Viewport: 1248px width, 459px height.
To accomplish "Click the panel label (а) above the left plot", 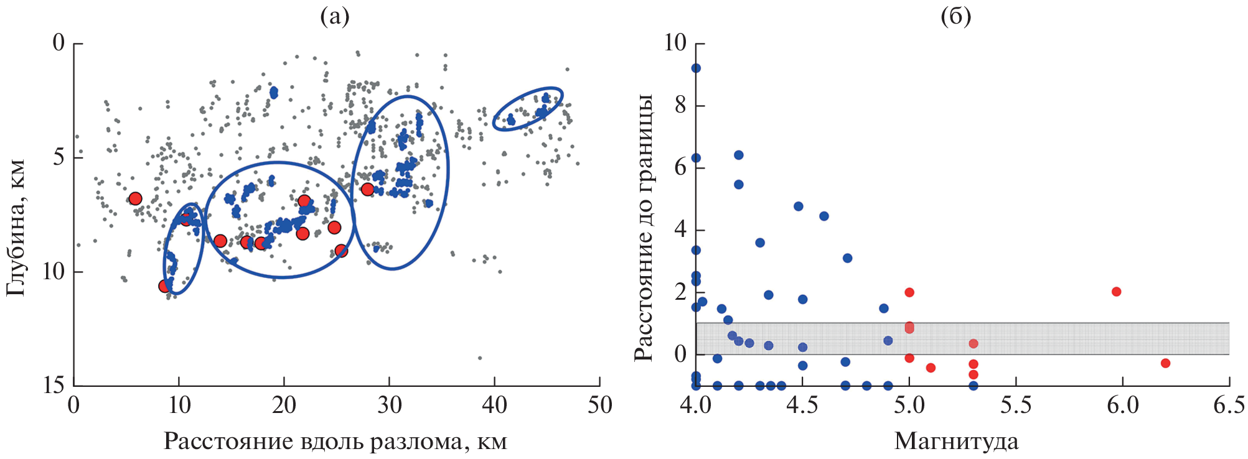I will tap(334, 17).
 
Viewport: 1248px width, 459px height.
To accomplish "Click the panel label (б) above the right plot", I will tap(955, 17).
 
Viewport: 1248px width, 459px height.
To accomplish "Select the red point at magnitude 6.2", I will tap(1165, 363).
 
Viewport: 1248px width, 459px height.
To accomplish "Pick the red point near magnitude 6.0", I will tap(1116, 292).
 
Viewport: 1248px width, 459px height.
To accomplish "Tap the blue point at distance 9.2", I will tap(696, 68).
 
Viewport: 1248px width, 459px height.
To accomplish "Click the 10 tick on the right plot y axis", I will tap(675, 43).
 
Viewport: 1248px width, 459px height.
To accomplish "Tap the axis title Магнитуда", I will tap(956, 442).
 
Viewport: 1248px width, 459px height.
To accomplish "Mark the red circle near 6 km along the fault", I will tap(135, 199).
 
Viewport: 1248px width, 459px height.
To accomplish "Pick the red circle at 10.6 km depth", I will tap(164, 286).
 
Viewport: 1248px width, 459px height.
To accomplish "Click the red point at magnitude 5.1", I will tap(931, 368).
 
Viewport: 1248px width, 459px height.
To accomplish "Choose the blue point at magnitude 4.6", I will tap(823, 216).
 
